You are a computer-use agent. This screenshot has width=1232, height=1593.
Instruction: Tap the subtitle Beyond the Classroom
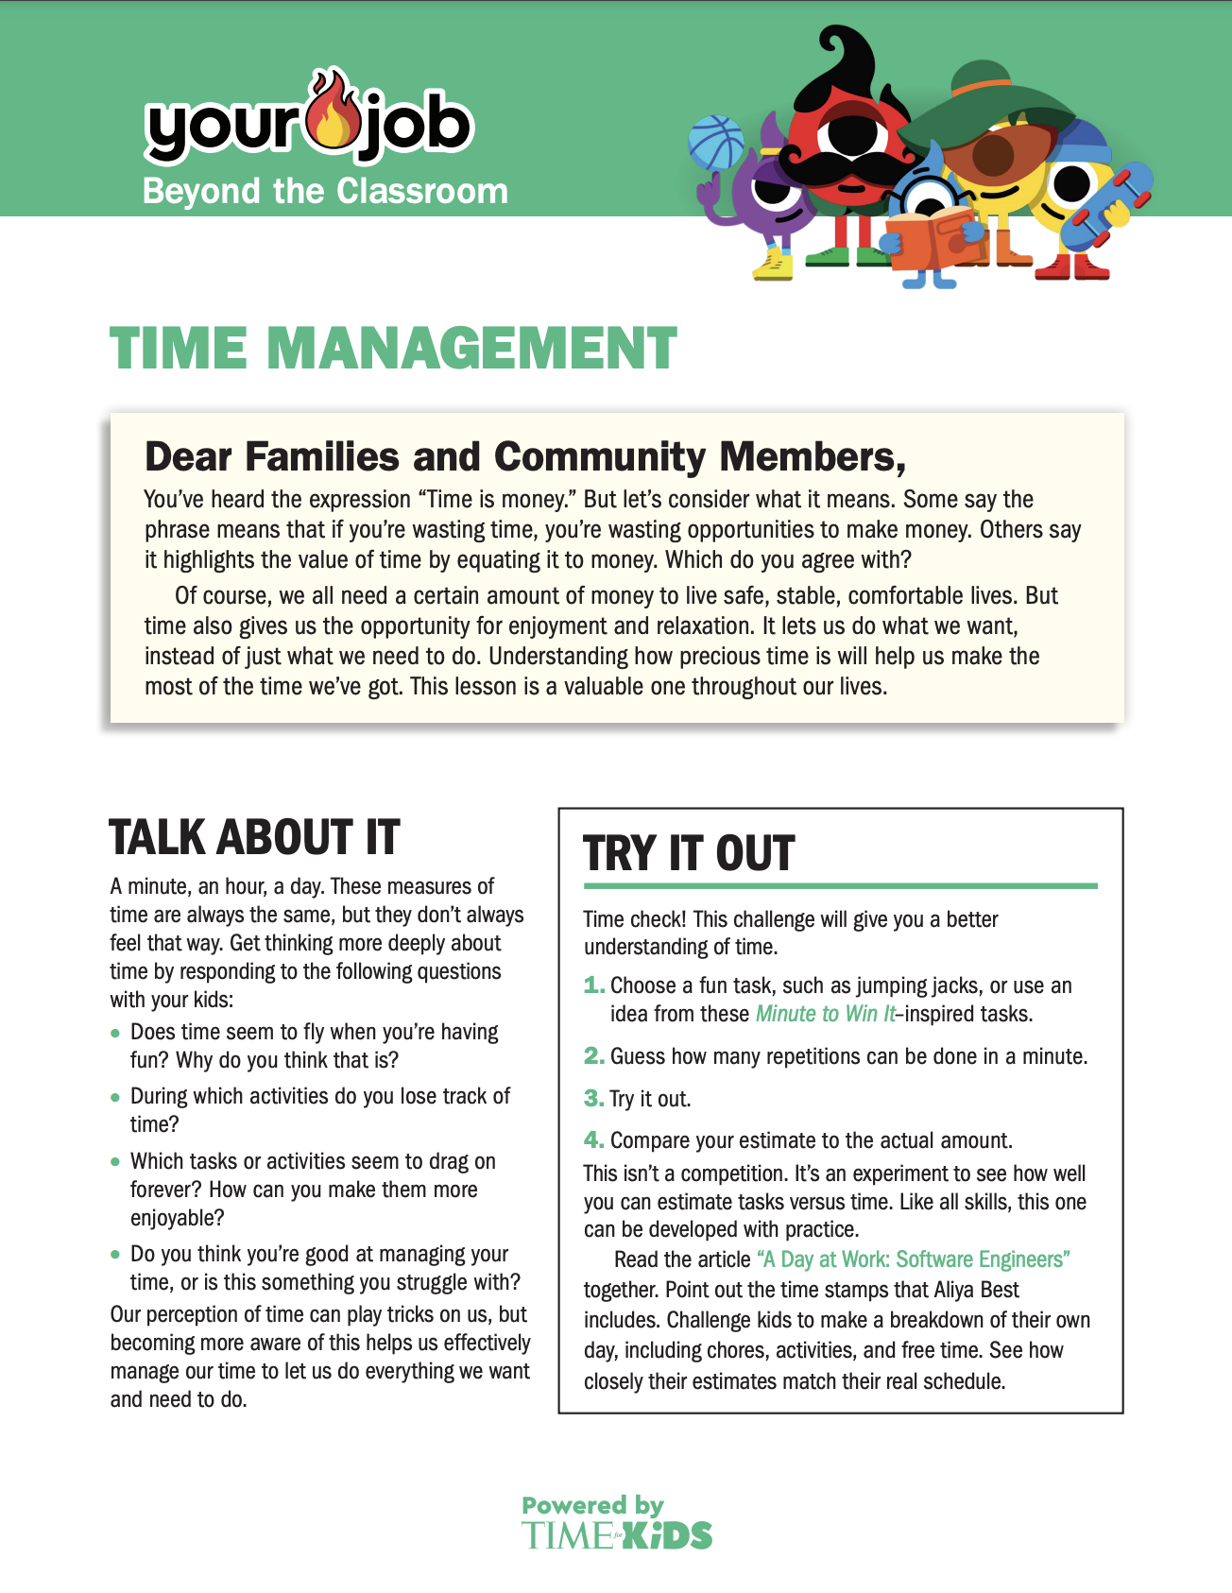tap(325, 191)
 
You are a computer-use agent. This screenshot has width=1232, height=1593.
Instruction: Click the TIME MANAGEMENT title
tap(393, 349)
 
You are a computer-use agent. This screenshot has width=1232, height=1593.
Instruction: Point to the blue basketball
tap(717, 142)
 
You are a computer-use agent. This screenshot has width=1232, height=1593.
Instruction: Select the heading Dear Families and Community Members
tap(525, 457)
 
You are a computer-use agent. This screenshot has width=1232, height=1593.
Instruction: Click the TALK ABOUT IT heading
tap(255, 837)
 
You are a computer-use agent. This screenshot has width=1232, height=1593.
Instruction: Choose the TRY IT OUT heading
tap(690, 853)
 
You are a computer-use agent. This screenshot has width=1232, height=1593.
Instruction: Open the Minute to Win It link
tap(826, 1014)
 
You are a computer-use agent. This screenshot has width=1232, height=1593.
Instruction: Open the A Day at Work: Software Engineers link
tap(914, 1259)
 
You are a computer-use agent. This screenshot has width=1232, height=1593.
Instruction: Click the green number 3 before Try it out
tap(593, 1098)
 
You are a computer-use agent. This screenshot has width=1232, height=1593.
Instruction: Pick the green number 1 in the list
tap(593, 985)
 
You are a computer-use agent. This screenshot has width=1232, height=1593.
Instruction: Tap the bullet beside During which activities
tap(115, 1097)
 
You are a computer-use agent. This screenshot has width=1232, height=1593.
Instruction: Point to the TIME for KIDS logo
tap(617, 1535)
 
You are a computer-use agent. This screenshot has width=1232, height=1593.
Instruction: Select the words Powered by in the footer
tap(592, 1505)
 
